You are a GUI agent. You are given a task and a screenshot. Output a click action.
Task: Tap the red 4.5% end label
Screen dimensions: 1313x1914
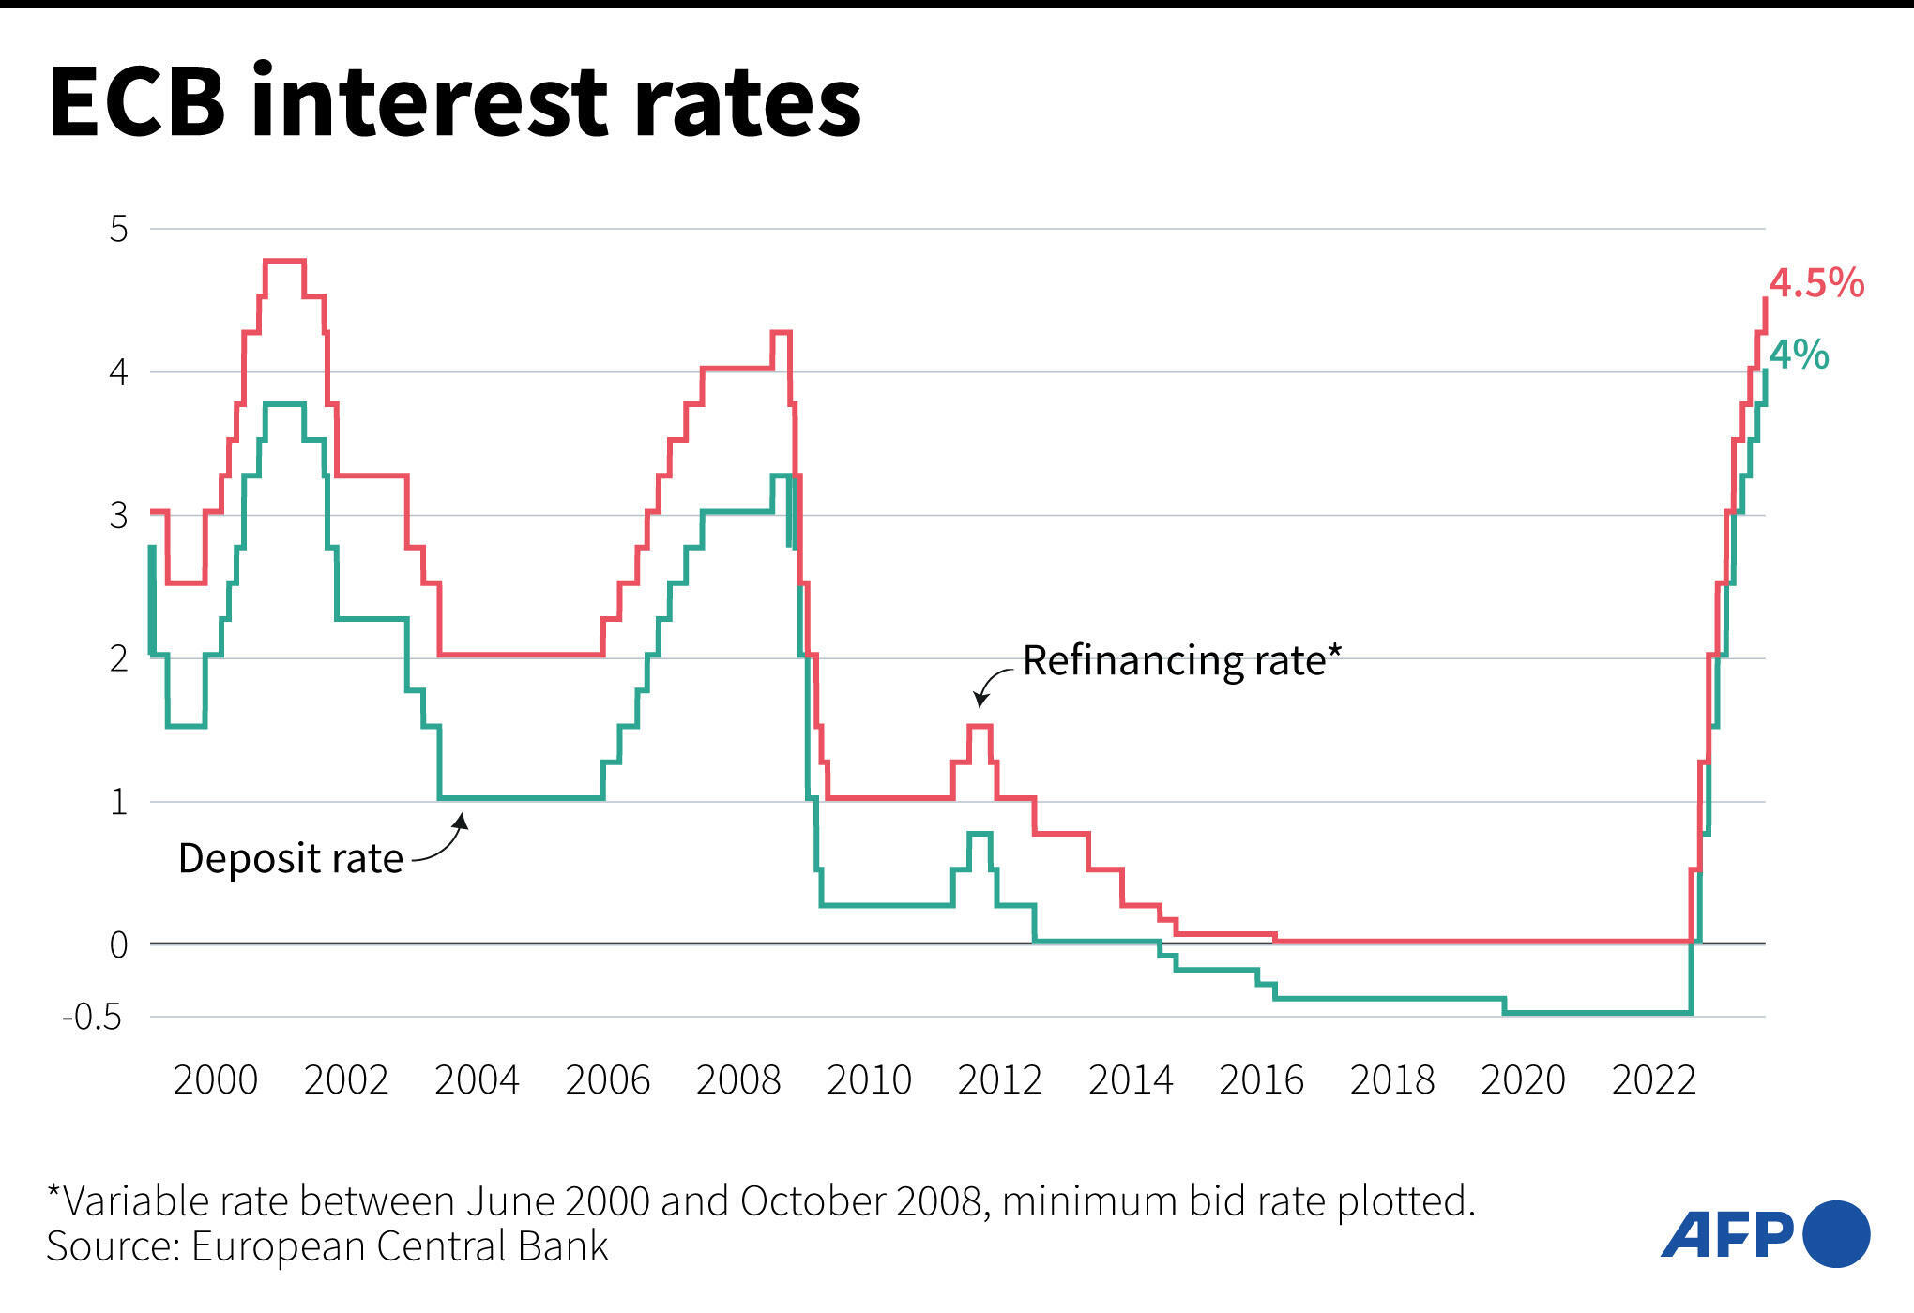[x=1816, y=283]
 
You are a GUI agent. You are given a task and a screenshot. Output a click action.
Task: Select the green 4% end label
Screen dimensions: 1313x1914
[x=1799, y=355]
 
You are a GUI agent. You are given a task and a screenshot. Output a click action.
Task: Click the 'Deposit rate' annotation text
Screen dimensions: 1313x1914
[x=290, y=859]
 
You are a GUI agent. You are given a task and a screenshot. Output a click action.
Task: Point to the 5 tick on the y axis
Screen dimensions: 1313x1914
[x=119, y=229]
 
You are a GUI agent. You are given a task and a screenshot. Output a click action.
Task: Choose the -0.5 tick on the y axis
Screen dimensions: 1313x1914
[x=92, y=1018]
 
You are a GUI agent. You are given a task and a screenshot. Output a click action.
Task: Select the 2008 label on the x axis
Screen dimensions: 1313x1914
[x=738, y=1080]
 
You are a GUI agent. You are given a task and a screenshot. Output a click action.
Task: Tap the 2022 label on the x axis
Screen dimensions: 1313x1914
[x=1654, y=1080]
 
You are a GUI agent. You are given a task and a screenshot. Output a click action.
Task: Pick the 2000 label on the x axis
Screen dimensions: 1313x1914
[x=216, y=1080]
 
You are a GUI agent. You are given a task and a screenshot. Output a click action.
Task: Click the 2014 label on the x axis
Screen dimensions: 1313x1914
[x=1131, y=1080]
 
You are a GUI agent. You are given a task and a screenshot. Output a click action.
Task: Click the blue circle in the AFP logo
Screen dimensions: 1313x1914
[x=1836, y=1234]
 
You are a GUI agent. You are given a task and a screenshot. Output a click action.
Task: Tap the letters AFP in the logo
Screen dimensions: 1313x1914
[x=1726, y=1236]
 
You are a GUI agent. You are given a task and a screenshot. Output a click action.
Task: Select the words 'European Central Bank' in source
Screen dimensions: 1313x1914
[x=400, y=1246]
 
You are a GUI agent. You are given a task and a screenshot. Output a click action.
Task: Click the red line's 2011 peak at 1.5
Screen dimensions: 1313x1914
[x=980, y=726]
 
